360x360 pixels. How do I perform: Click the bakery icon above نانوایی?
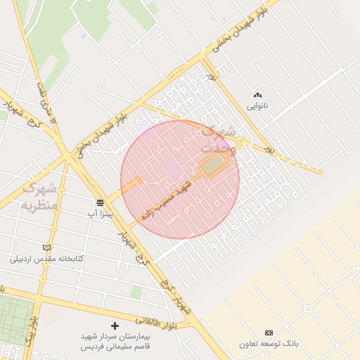coord(257,95)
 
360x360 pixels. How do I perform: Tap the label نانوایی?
coord(257,107)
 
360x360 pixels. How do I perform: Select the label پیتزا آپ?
coord(101,212)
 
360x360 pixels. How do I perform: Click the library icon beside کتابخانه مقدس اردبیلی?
coord(46,247)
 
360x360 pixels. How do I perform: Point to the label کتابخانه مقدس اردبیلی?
coord(46,259)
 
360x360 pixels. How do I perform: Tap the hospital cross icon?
coord(115,326)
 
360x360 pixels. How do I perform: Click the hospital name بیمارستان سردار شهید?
coord(115,337)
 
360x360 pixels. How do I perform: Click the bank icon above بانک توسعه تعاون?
coord(269,332)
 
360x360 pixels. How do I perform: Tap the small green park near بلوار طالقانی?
coord(136,292)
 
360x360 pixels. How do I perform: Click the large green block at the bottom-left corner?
coord(15,320)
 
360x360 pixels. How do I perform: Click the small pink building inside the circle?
coord(171,169)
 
